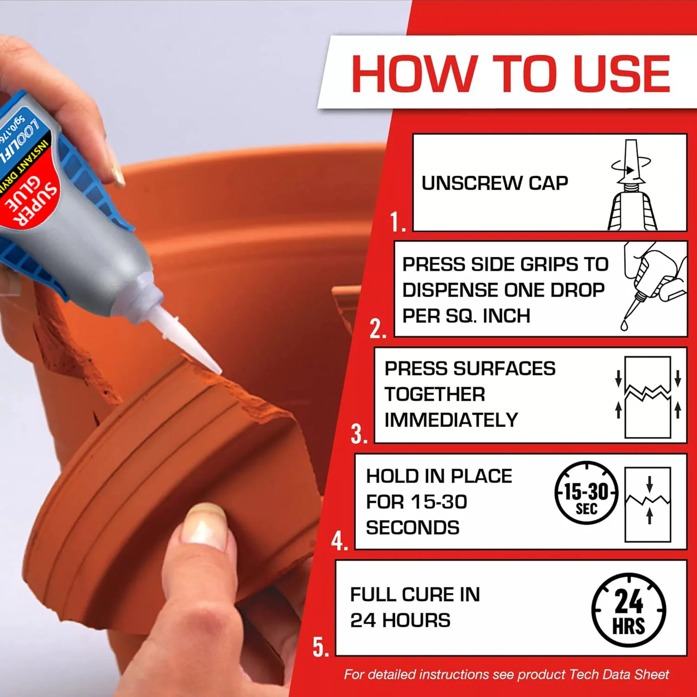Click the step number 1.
pyautogui.click(x=397, y=222)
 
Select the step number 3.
pyautogui.click(x=359, y=434)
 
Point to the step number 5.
pyautogui.click(x=320, y=647)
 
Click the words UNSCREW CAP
pyautogui.click(x=494, y=183)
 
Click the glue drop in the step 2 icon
pyautogui.click(x=624, y=325)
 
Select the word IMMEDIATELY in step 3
pyautogui.click(x=451, y=420)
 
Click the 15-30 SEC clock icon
pyautogui.click(x=586, y=493)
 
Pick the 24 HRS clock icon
pyautogui.click(x=628, y=610)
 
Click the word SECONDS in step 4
pyautogui.click(x=413, y=528)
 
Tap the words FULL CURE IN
pyautogui.click(x=415, y=595)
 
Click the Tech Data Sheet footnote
pyautogui.click(x=506, y=674)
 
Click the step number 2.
pyautogui.click(x=377, y=329)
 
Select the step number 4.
pyautogui.click(x=339, y=541)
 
